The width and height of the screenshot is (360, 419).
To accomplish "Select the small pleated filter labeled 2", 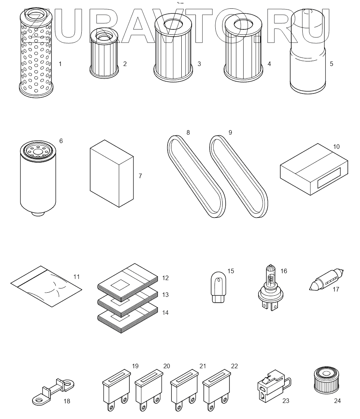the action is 104,53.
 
